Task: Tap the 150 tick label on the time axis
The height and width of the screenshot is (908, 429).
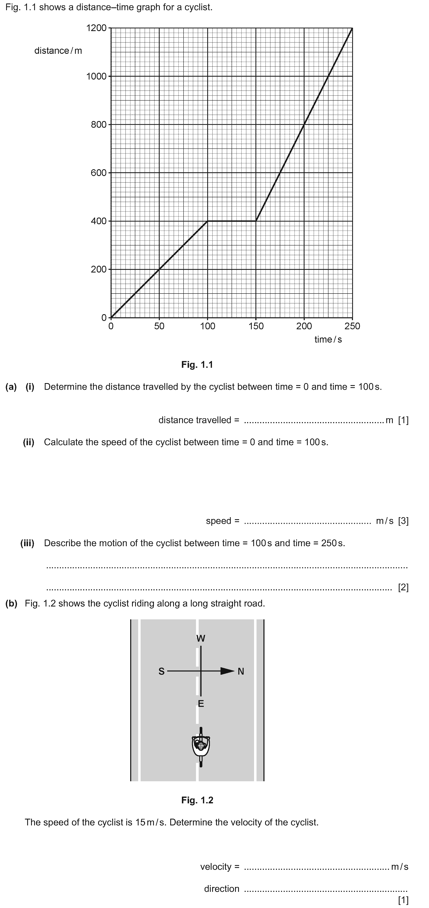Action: [x=256, y=326]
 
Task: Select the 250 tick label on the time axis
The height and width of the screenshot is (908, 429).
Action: [x=352, y=326]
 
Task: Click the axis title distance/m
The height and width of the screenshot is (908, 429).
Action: [x=58, y=51]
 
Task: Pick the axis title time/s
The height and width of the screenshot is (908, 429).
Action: [x=328, y=340]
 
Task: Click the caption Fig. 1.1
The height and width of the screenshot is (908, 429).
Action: [x=197, y=364]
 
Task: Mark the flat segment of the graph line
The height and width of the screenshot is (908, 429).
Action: [x=232, y=221]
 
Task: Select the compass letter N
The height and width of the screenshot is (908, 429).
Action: [x=241, y=671]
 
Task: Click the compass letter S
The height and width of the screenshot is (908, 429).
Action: [x=161, y=671]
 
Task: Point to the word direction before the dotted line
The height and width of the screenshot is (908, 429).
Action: [x=222, y=889]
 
